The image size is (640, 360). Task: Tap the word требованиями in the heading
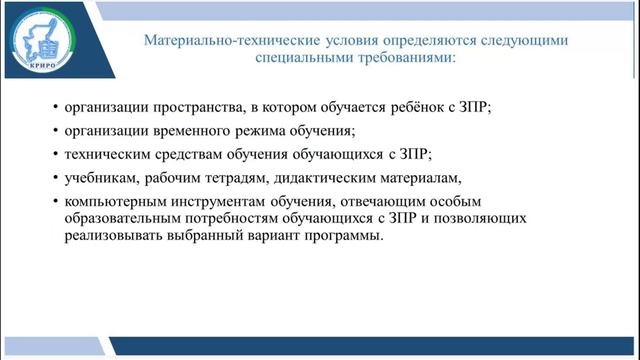(x=406, y=59)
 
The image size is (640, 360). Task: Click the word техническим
(x=109, y=155)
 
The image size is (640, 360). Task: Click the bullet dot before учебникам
(x=53, y=180)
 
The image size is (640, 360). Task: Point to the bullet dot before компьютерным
(x=53, y=202)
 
